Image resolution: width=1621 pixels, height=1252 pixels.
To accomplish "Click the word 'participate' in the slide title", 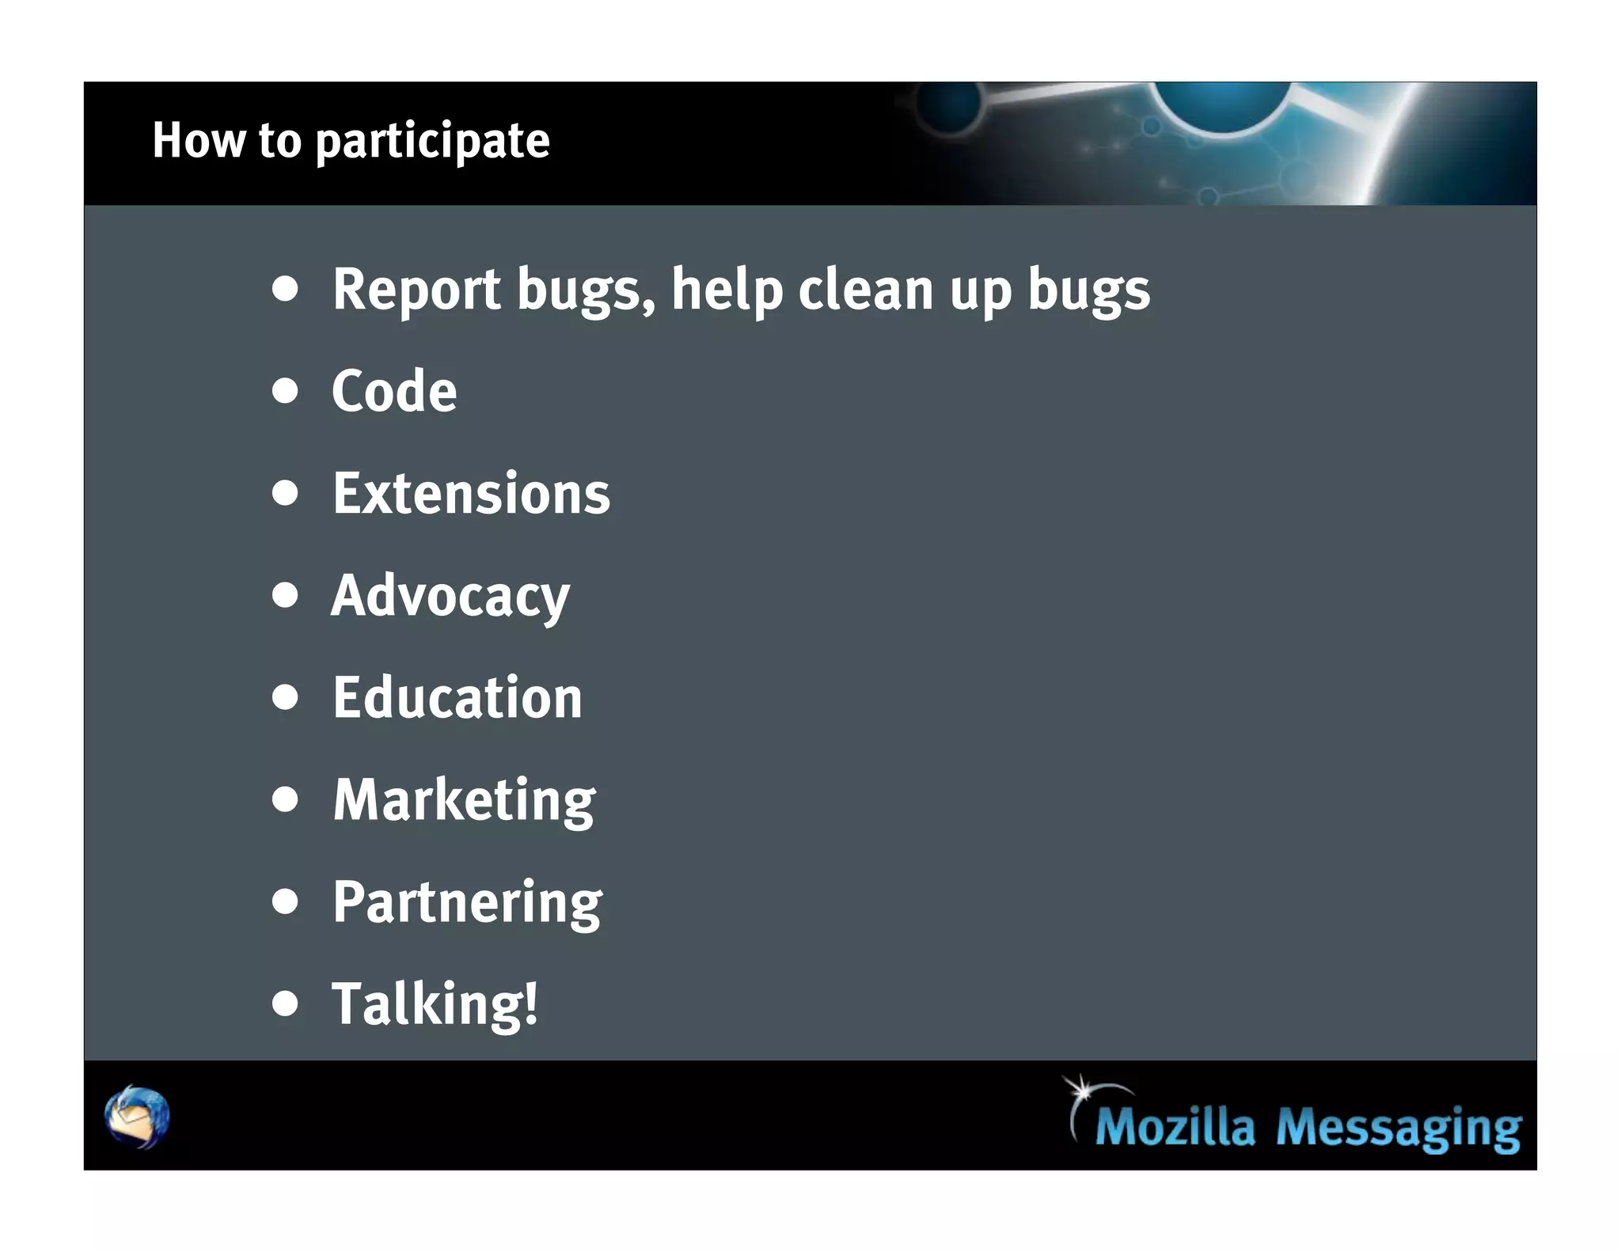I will (x=432, y=142).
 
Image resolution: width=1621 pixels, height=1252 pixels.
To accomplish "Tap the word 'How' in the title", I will (x=199, y=141).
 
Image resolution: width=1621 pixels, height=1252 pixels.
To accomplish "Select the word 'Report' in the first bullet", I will (x=416, y=290).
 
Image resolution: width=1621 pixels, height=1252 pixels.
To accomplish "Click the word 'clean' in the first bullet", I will (x=865, y=290).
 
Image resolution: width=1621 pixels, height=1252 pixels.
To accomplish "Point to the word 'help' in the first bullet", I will (x=727, y=291).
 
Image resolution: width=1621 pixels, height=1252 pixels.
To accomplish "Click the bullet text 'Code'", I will (x=394, y=391).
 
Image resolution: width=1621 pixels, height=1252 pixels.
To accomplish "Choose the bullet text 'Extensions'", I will (x=471, y=494).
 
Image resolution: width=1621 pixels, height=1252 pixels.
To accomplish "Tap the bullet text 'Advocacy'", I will (x=450, y=597).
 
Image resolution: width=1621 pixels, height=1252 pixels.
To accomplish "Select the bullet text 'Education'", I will (x=457, y=698).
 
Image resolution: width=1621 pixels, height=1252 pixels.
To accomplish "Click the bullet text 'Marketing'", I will (x=464, y=801).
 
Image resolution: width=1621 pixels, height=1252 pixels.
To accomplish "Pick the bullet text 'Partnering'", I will (x=467, y=902).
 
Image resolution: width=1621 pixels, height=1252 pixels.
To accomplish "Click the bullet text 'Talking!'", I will (x=435, y=1004).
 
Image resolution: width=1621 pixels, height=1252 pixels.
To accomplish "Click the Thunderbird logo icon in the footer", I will (x=137, y=1117).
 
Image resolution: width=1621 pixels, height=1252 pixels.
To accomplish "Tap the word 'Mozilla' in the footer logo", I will (x=1175, y=1127).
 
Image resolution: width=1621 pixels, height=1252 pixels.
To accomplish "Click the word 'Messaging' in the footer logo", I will (x=1399, y=1129).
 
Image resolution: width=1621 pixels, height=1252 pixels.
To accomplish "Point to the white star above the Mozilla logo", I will (x=1079, y=1089).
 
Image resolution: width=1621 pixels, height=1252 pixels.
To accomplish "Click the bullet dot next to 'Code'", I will (x=285, y=391).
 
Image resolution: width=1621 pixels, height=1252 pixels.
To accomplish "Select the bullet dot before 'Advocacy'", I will (x=285, y=595).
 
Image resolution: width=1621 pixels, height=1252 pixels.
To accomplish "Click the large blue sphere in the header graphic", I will (x=1223, y=103).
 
